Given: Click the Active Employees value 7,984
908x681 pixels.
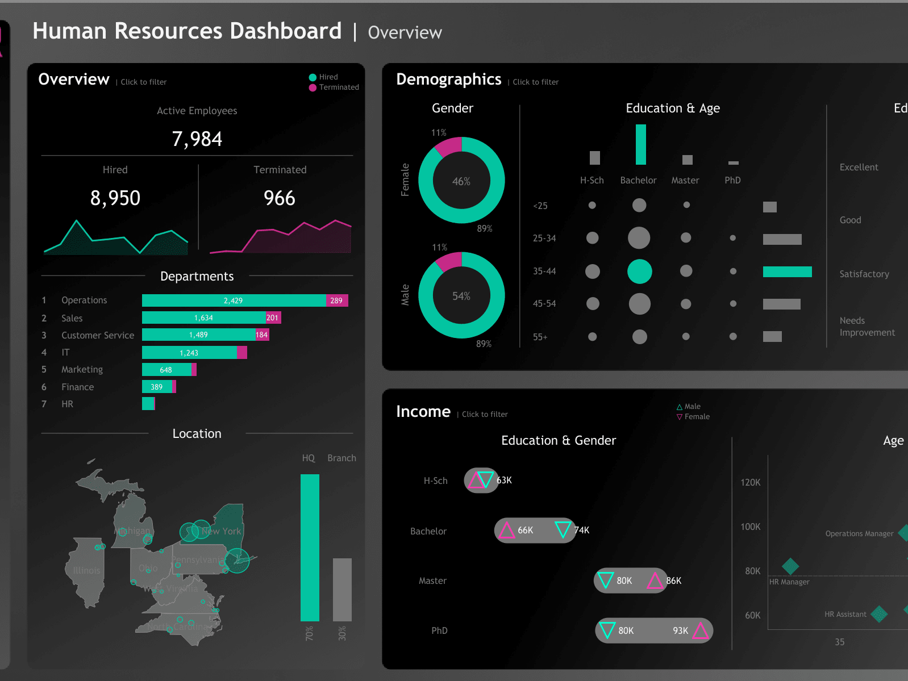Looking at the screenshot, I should tap(197, 139).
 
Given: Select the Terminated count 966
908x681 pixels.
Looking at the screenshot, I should tap(279, 198).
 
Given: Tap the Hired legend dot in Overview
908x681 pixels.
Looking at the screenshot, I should tap(313, 77).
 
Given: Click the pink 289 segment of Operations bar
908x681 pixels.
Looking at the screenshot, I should tap(336, 300).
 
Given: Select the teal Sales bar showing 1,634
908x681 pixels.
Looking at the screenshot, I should tap(203, 317).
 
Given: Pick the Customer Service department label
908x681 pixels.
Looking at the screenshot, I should tap(98, 335).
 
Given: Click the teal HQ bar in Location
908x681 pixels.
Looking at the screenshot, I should tap(310, 548).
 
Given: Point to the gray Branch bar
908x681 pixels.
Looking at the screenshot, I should tap(342, 590).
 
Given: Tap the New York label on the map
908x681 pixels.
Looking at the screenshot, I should tap(221, 531).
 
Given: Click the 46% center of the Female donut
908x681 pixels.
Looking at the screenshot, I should tap(461, 181).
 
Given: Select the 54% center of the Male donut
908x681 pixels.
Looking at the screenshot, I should tap(461, 296).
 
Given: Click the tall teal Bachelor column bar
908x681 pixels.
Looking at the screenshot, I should tap(640, 144).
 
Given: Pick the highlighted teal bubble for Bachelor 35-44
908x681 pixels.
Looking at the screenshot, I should tap(639, 271).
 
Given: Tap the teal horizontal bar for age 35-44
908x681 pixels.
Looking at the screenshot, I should tap(787, 271).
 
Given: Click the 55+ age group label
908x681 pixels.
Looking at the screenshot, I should tap(540, 337).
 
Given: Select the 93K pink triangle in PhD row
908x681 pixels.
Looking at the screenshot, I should tap(700, 630).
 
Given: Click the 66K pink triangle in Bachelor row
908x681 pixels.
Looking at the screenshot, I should tap(506, 530).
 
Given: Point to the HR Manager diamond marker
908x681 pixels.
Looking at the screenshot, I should tap(790, 566).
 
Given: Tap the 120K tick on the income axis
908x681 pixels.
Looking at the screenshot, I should tap(750, 482).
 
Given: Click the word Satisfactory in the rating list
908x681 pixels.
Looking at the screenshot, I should tap(864, 274).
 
